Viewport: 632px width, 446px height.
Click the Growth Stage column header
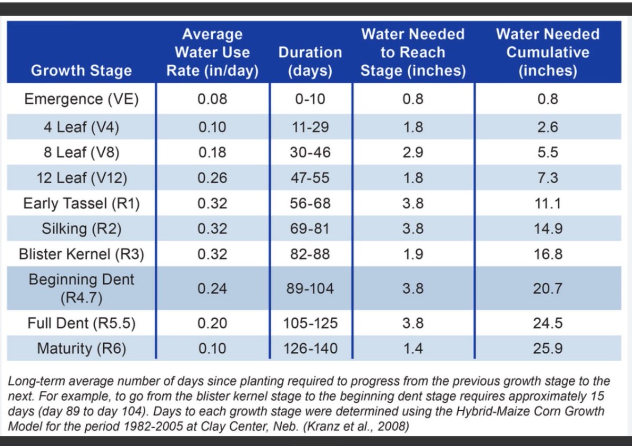(81, 71)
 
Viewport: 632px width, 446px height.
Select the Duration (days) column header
(310, 62)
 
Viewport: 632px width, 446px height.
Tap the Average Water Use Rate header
(212, 53)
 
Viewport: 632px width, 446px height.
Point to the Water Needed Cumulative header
(548, 53)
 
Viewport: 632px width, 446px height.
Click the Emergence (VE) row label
(81, 99)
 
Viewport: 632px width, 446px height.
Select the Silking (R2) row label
(81, 229)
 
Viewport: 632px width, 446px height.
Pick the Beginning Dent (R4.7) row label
(81, 289)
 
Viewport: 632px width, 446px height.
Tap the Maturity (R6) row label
(81, 349)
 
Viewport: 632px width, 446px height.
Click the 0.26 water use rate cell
(212, 178)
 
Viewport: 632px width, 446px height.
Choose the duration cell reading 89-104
(310, 289)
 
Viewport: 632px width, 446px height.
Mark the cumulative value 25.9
(548, 349)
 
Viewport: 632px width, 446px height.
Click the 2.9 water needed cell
(413, 153)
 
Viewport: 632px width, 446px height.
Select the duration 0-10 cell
(310, 99)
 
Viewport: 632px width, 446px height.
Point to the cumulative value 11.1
(548, 203)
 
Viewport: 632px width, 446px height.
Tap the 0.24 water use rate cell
(212, 289)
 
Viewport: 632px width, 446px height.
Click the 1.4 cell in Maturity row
(413, 349)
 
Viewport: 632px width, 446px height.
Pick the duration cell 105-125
(310, 323)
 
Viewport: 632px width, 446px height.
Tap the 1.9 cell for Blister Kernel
(413, 254)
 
